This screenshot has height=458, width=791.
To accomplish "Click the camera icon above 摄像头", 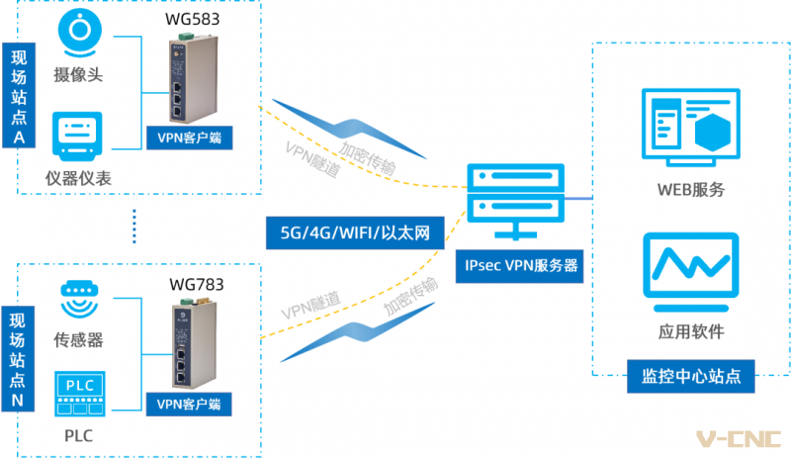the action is (x=80, y=33).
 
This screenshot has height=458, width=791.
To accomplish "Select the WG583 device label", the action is (x=192, y=19).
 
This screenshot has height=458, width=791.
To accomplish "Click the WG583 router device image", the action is (x=192, y=78).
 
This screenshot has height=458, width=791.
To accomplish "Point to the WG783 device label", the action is (x=196, y=284).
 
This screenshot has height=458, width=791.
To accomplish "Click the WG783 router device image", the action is (x=195, y=343).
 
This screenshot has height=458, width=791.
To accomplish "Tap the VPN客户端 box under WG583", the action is (x=190, y=137).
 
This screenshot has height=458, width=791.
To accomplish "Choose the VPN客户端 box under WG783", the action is (x=189, y=404).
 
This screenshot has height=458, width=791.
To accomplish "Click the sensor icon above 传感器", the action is (x=79, y=299).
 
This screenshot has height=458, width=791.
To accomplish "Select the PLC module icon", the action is (x=80, y=394).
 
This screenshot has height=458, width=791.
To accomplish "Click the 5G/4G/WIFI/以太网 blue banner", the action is (x=355, y=232).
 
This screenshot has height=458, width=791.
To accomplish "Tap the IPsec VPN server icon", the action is (x=515, y=201).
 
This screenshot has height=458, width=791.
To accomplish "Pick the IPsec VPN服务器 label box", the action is (x=520, y=266).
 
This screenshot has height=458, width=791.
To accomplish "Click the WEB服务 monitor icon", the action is (x=691, y=128).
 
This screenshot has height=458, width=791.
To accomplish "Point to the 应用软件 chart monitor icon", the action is (x=691, y=272).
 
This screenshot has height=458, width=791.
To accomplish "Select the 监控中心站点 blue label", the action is (x=691, y=376).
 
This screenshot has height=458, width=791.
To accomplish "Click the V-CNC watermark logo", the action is (x=739, y=439).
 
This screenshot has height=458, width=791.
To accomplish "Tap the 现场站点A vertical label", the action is (x=19, y=95).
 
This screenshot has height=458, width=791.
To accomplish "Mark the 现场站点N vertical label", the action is (x=18, y=358).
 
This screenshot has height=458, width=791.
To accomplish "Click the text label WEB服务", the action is (x=691, y=190).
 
